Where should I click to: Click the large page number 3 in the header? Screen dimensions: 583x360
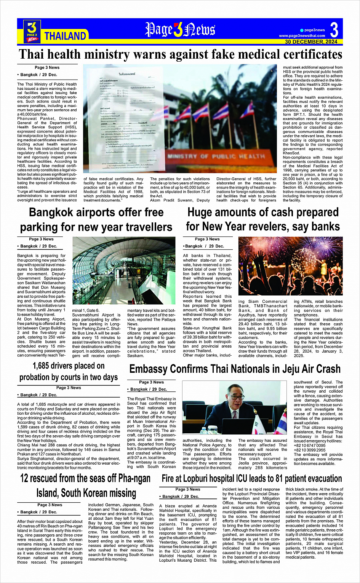pos(334,29)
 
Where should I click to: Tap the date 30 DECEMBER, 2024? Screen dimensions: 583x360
pos(311,42)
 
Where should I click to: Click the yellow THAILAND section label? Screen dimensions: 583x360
pos(65,36)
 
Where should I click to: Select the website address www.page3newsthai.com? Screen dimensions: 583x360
pos(302,36)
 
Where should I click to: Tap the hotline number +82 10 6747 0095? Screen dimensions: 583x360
pos(310,445)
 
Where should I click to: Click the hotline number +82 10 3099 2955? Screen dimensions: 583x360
pos(310,450)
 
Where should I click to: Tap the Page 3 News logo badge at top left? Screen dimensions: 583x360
pos(32,30)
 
